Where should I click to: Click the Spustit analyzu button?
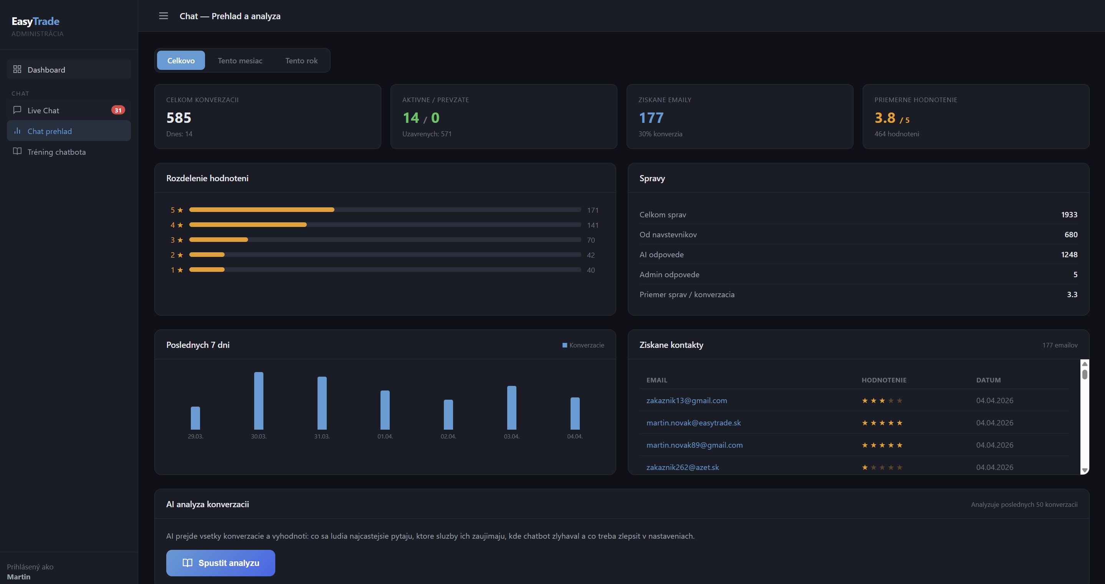point(220,562)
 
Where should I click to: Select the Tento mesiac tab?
point(240,61)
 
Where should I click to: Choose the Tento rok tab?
point(301,61)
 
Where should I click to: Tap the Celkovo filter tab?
point(180,61)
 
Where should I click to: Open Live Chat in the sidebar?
point(43,110)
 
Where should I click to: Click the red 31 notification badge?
point(118,110)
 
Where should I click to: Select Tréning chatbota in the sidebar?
point(56,152)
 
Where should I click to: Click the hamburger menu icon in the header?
point(164,16)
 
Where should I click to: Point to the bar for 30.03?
point(259,400)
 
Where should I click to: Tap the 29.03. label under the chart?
point(195,437)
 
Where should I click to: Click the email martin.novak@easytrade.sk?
point(693,423)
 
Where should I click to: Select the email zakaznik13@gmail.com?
point(686,400)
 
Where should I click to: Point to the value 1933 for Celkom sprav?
point(1069,215)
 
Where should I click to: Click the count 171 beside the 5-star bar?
point(592,210)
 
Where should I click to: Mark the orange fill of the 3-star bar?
point(218,240)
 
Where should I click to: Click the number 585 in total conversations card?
point(179,117)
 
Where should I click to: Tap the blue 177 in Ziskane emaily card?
point(651,117)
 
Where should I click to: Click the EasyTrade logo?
point(36,22)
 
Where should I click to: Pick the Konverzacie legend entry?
point(583,345)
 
